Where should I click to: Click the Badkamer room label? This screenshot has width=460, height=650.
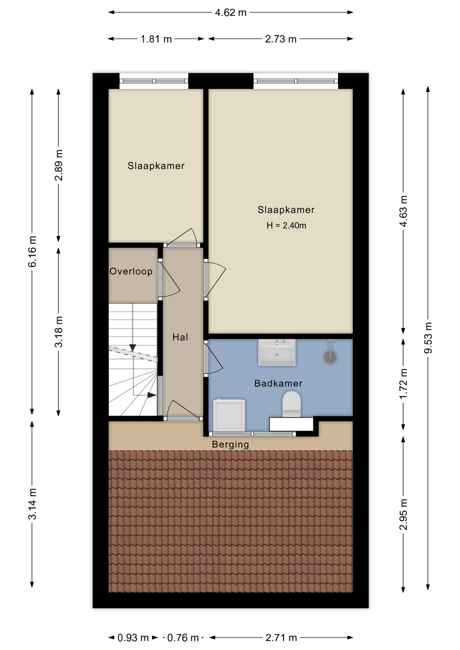coord(278,383)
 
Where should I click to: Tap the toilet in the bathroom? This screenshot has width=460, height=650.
coord(291,404)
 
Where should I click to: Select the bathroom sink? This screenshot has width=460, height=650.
coord(277,352)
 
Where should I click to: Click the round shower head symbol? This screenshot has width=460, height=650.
coord(330,357)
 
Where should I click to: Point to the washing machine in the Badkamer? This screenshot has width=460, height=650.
coord(229,416)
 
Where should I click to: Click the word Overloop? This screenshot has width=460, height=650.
coord(131,272)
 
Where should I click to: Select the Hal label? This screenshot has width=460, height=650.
coord(180,337)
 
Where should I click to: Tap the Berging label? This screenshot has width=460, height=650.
coord(230,445)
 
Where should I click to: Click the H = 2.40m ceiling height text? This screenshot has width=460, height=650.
coord(286,225)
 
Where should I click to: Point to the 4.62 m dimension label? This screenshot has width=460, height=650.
coord(231,13)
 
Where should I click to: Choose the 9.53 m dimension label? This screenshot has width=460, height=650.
coord(428,338)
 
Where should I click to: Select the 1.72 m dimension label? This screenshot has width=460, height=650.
coord(403,384)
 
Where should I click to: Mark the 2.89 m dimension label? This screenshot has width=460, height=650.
coord(59,165)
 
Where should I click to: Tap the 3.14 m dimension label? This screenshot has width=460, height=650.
coord(32,504)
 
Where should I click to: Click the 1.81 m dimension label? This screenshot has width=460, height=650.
coord(156,39)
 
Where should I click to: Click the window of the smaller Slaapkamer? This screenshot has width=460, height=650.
coord(154,81)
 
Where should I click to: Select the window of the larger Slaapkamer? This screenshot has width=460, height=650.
coord(296,81)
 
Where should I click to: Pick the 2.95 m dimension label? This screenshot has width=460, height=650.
coord(403,514)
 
